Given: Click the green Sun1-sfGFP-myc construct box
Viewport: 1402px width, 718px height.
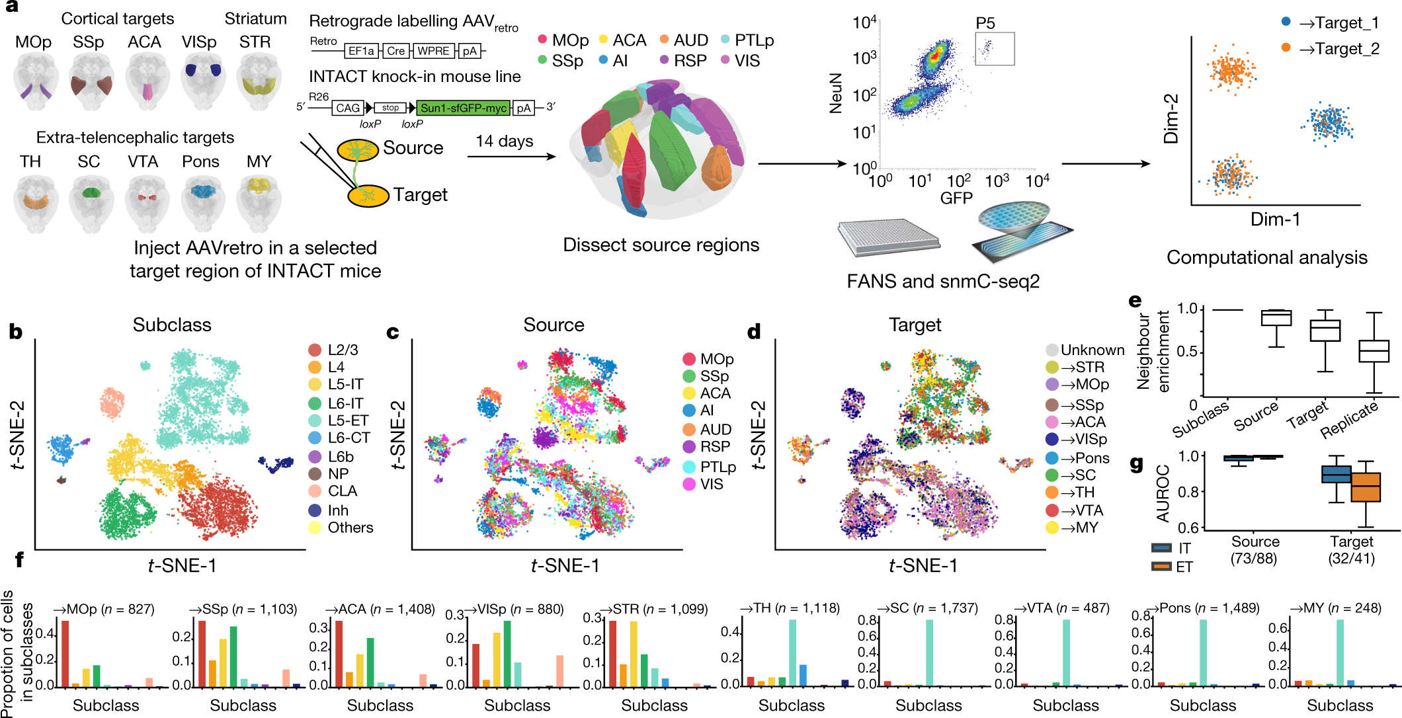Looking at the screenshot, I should pyautogui.click(x=463, y=108).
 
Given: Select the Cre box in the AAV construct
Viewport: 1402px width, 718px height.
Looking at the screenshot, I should pyautogui.click(x=395, y=51).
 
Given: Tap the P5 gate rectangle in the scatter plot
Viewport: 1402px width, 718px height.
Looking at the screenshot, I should pyautogui.click(x=994, y=49).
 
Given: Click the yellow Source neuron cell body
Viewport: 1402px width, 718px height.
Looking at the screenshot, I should pyautogui.click(x=357, y=151).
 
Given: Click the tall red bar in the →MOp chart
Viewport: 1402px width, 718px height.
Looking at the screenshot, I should pyautogui.click(x=65, y=653).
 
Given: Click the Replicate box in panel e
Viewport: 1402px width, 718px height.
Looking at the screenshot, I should pyautogui.click(x=1374, y=351).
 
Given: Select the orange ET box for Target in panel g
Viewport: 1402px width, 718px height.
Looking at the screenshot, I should pyautogui.click(x=1366, y=487).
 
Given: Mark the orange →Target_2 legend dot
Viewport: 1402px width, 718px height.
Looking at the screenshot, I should pyautogui.click(x=1286, y=48).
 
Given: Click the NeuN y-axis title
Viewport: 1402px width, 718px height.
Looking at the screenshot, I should pyautogui.click(x=836, y=93).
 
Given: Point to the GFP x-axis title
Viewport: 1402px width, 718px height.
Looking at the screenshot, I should pyautogui.click(x=956, y=198).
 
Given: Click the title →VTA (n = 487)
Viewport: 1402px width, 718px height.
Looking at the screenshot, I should pyautogui.click(x=1061, y=608).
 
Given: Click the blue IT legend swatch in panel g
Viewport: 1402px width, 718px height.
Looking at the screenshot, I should pyautogui.click(x=1161, y=548).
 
